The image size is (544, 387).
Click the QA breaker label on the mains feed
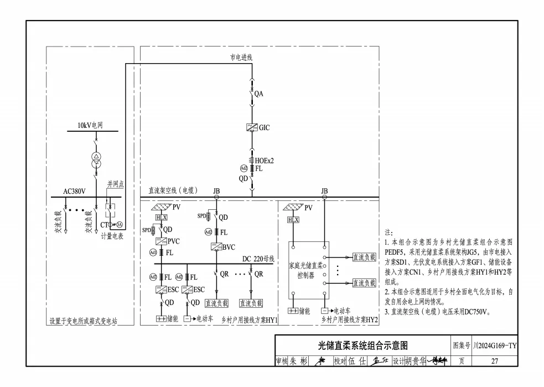[x=258, y=94]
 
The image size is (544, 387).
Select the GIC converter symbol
[x=252, y=127]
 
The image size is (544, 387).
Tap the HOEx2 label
[x=264, y=161]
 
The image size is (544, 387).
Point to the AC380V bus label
[x=74, y=192]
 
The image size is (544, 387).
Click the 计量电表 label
[x=112, y=236]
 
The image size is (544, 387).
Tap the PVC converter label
[x=174, y=241]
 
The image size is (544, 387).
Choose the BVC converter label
[x=229, y=246]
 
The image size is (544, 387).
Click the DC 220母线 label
[x=258, y=259]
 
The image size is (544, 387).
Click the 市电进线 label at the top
[x=241, y=57]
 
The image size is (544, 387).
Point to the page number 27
[x=495, y=361]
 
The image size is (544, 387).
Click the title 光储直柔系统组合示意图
[x=362, y=346]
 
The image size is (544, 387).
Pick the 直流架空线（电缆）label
[x=173, y=191]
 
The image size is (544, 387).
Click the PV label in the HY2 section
[x=308, y=208]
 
